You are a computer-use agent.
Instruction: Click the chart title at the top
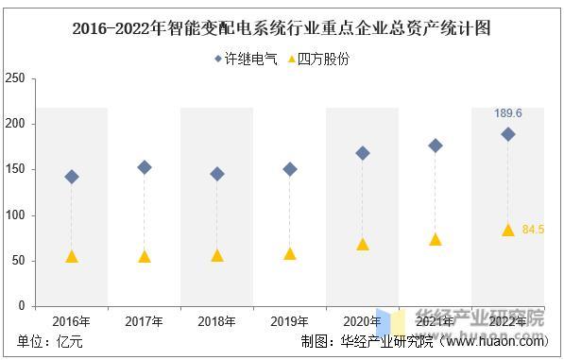click(282, 28)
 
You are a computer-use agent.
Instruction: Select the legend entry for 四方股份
click(316, 59)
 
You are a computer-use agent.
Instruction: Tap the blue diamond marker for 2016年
click(72, 177)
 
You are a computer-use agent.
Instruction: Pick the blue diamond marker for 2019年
click(290, 169)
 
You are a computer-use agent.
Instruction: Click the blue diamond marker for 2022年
click(508, 134)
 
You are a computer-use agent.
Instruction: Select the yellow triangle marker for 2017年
click(145, 256)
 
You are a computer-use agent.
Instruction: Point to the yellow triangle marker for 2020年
click(363, 244)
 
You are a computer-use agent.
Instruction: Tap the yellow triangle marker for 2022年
click(508, 230)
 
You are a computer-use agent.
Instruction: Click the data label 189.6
click(508, 113)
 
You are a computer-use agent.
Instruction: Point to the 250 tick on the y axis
click(15, 78)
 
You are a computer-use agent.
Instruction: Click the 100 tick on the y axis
click(15, 215)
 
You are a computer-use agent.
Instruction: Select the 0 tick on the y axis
click(21, 306)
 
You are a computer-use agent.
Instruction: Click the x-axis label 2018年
click(217, 321)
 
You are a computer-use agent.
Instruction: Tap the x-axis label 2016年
click(72, 321)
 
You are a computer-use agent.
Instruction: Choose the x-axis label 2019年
click(290, 321)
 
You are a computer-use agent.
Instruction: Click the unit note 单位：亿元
click(50, 342)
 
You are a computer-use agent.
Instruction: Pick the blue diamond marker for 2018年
click(217, 174)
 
